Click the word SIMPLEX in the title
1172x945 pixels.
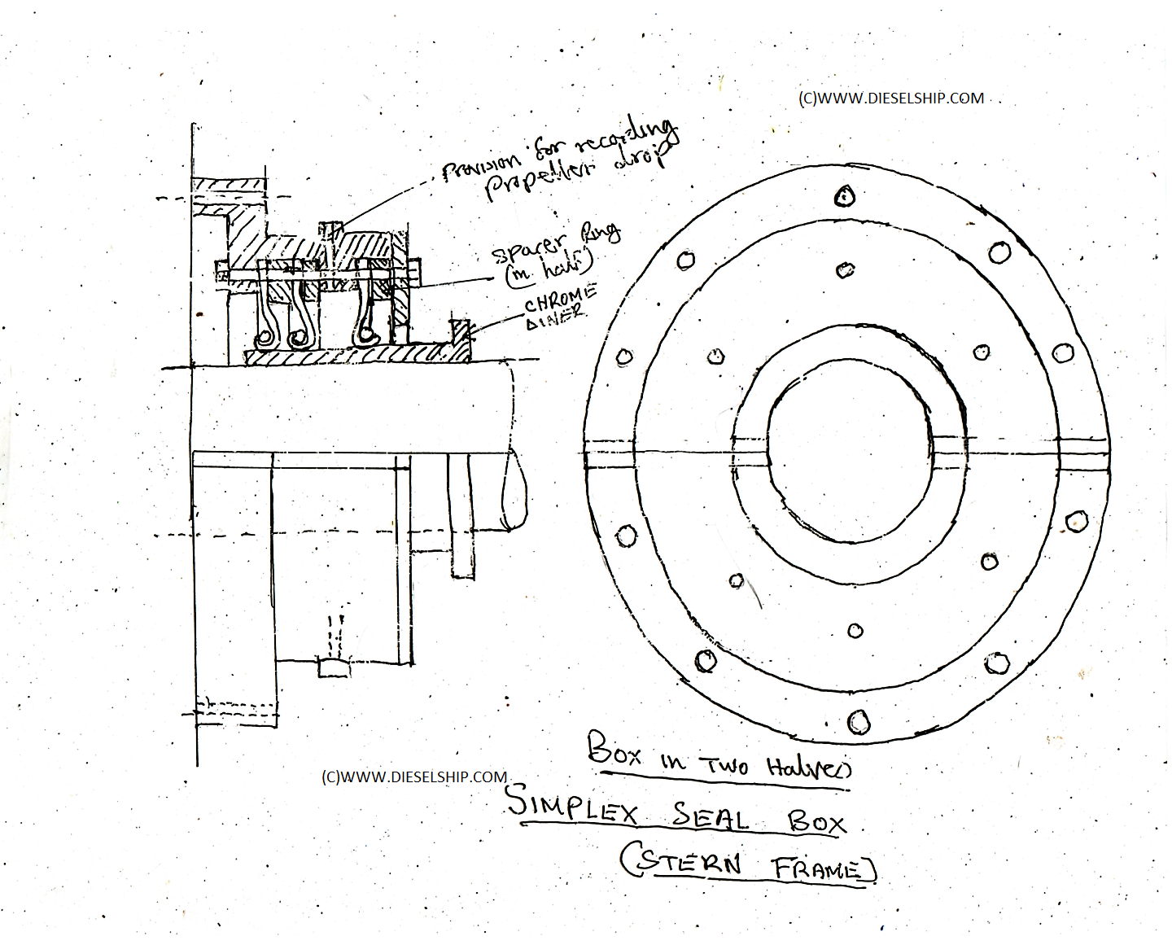(573, 804)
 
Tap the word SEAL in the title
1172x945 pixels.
(711, 816)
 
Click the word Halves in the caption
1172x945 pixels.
(807, 767)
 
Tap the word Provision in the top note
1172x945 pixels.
(483, 168)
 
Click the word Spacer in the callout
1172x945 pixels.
(530, 247)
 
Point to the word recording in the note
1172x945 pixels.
(627, 138)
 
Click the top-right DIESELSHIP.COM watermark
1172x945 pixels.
(891, 98)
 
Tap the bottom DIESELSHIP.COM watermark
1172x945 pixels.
(414, 777)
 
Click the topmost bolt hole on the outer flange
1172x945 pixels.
(846, 195)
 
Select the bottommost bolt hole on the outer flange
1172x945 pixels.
(859, 721)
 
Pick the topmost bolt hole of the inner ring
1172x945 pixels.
(846, 269)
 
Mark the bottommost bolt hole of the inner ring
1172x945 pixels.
(855, 631)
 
